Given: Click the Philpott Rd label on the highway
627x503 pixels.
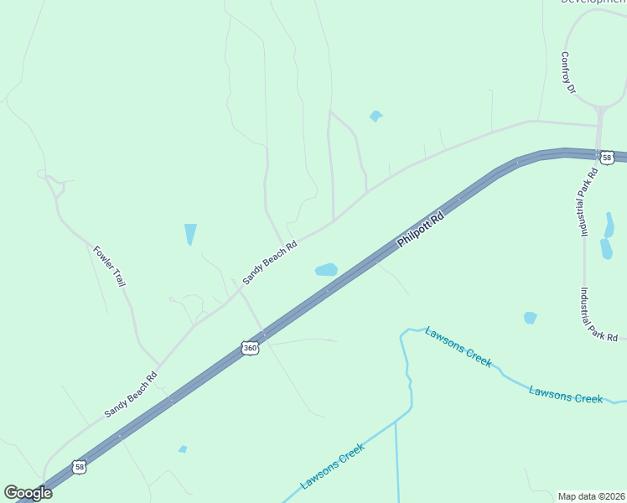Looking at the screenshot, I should [419, 229].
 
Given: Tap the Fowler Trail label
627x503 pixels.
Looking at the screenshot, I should [110, 267].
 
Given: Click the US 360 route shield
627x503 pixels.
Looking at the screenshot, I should [249, 347].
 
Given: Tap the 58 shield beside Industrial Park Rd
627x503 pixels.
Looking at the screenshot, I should [606, 157].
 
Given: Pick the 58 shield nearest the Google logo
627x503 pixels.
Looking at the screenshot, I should [78, 467].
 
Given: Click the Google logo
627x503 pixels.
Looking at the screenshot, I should [28, 493].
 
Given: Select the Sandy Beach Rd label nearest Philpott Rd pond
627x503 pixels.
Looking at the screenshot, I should [269, 263].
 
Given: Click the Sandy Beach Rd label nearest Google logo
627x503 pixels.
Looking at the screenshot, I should [131, 395].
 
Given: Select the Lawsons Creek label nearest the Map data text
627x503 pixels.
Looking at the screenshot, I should [566, 394].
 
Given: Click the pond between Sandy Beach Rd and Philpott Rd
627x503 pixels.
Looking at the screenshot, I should [325, 270].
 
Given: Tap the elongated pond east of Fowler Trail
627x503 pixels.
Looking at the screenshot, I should [190, 234].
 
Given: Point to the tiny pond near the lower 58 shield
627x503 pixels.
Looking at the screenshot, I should [183, 449].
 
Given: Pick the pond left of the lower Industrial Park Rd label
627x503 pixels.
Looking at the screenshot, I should [530, 318].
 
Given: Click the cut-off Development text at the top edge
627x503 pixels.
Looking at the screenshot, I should [593, 3].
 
